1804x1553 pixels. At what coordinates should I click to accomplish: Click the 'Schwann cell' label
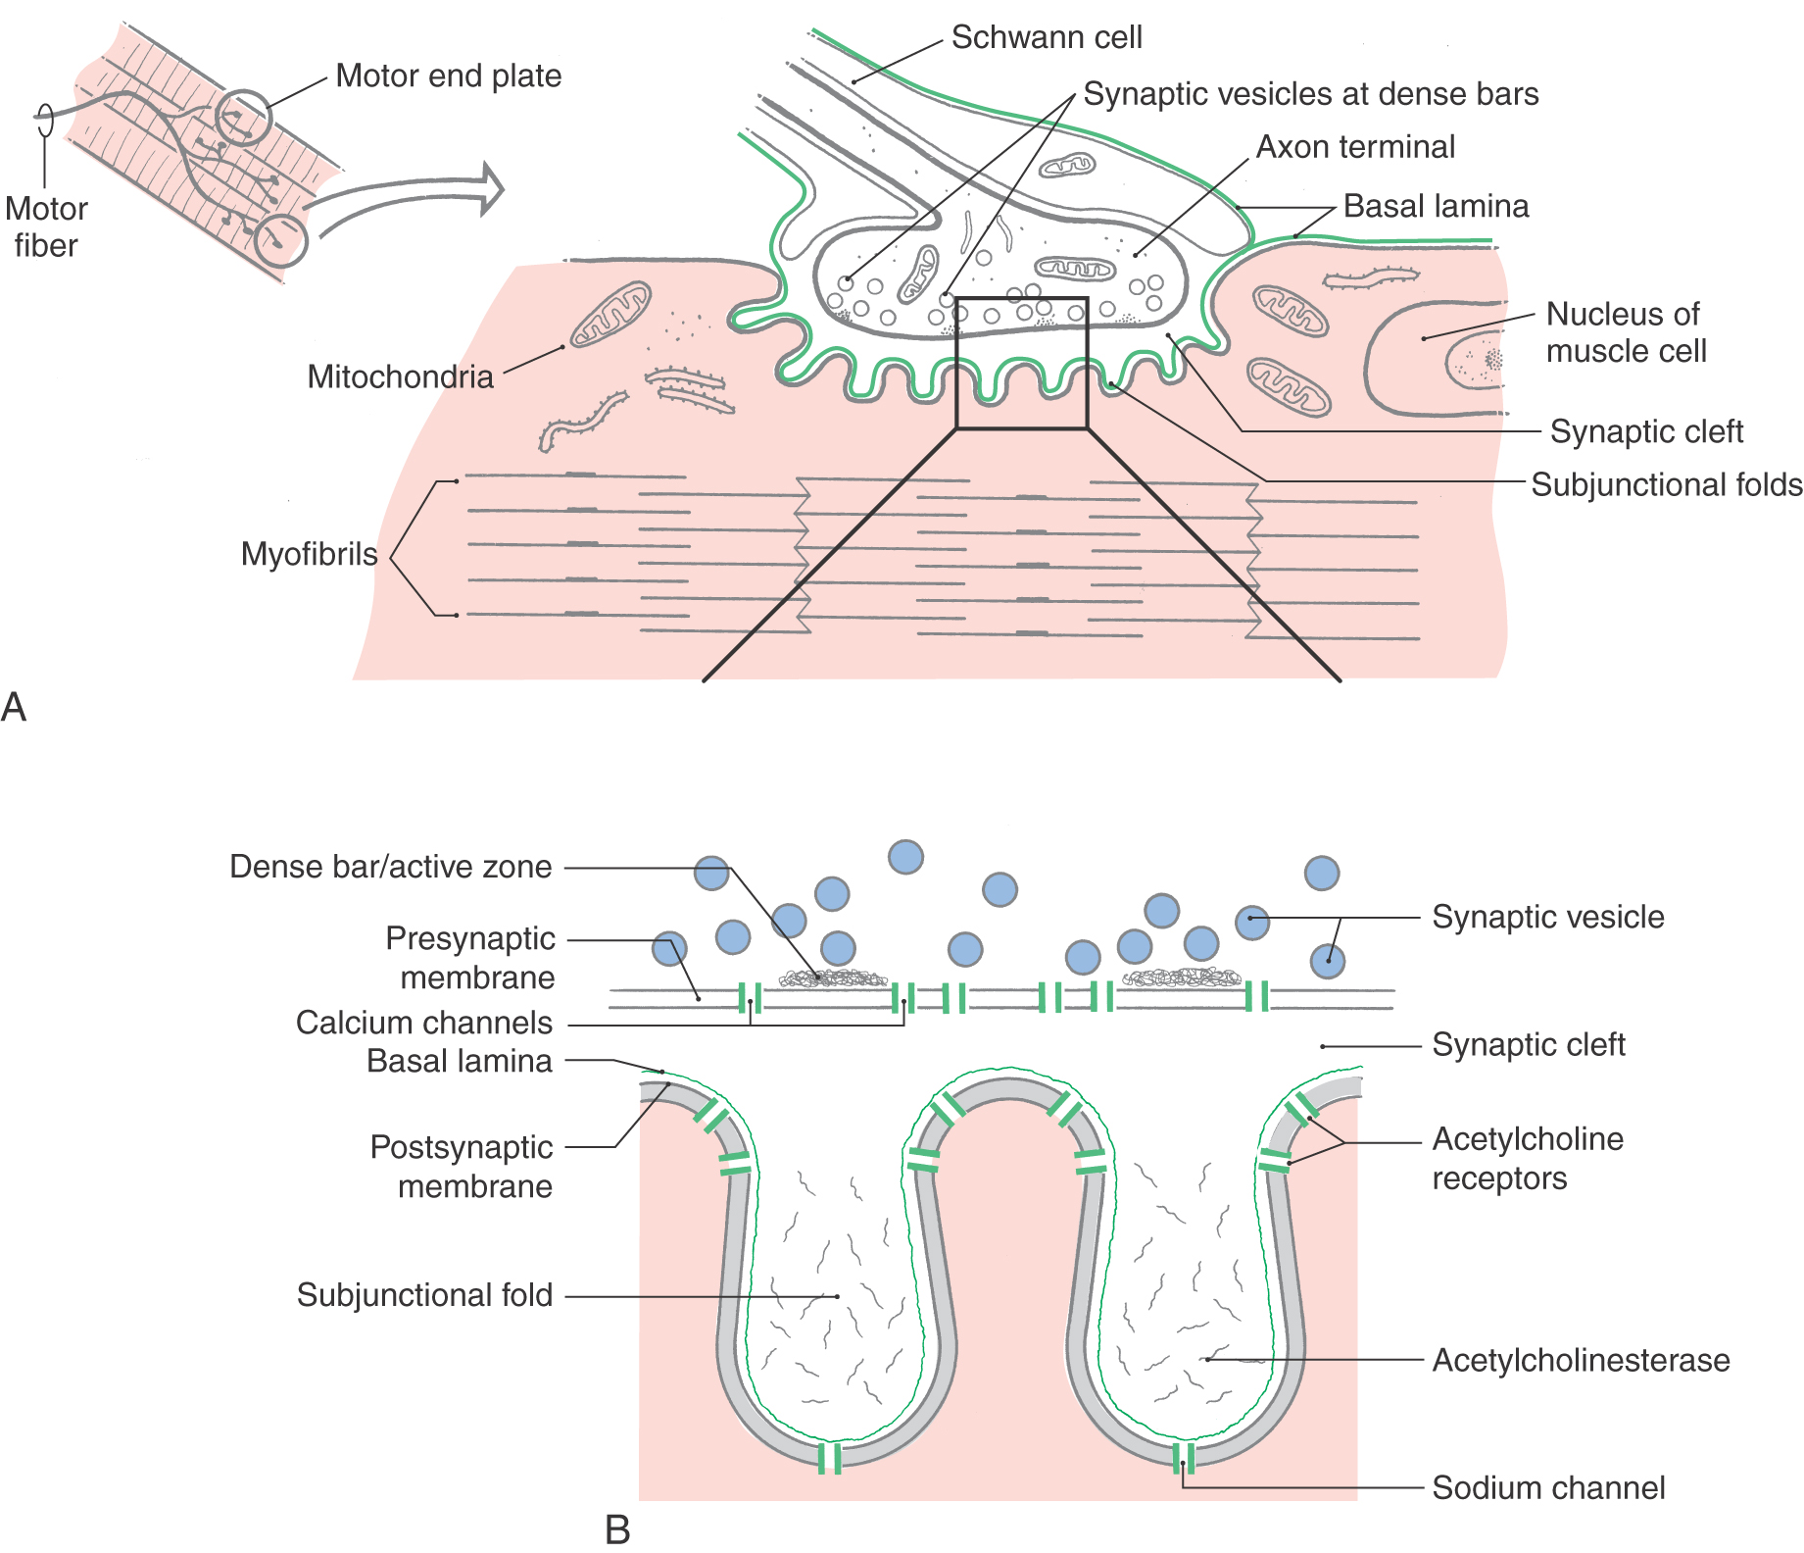[1046, 37]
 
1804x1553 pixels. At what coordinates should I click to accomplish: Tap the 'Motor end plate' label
[448, 75]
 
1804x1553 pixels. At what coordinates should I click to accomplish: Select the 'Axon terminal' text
[1355, 147]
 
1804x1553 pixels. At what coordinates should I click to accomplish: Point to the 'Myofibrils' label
[309, 554]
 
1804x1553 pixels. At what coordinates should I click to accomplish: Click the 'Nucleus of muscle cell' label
[1626, 332]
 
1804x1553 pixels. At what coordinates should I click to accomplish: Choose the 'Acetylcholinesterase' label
[1581, 1360]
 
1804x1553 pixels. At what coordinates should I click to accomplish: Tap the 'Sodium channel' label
[1548, 1487]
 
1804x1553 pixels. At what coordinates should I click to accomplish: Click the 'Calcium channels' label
[423, 1023]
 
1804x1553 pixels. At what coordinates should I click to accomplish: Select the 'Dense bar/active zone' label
[390, 867]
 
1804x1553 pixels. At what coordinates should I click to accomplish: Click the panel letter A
[14, 707]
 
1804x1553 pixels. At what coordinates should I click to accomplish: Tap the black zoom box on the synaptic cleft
[1022, 363]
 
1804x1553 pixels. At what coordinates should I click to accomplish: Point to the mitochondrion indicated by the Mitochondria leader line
[611, 314]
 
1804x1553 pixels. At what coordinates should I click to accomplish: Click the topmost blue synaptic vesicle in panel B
[905, 856]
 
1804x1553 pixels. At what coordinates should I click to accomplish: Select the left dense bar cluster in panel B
[833, 977]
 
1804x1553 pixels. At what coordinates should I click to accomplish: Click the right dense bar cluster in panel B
[1181, 977]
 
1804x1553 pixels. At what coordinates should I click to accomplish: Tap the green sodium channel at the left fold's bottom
[830, 1458]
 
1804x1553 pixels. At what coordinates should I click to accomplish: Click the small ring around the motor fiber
[44, 121]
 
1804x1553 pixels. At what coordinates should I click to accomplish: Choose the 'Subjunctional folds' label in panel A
[1666, 484]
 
